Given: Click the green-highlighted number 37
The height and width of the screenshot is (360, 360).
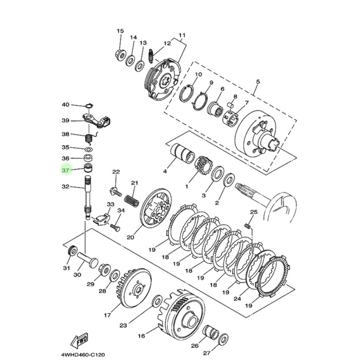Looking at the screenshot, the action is coord(65,170).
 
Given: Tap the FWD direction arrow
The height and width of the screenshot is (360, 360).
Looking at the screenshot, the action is coord(79,340).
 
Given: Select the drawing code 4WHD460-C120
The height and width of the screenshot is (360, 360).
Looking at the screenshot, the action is coord(83,355).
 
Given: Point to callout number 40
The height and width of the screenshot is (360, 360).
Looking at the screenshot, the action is coord(65,104).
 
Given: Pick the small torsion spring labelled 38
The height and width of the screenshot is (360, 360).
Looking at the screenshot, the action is coord(90,138).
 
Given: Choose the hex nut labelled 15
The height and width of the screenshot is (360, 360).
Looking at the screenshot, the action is coord(120,55).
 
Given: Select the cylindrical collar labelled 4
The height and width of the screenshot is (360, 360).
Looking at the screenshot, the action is coord(182,153).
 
